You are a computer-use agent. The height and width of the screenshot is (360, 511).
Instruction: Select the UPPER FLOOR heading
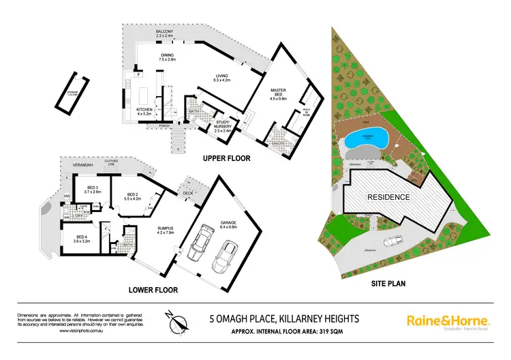point(227,158)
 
